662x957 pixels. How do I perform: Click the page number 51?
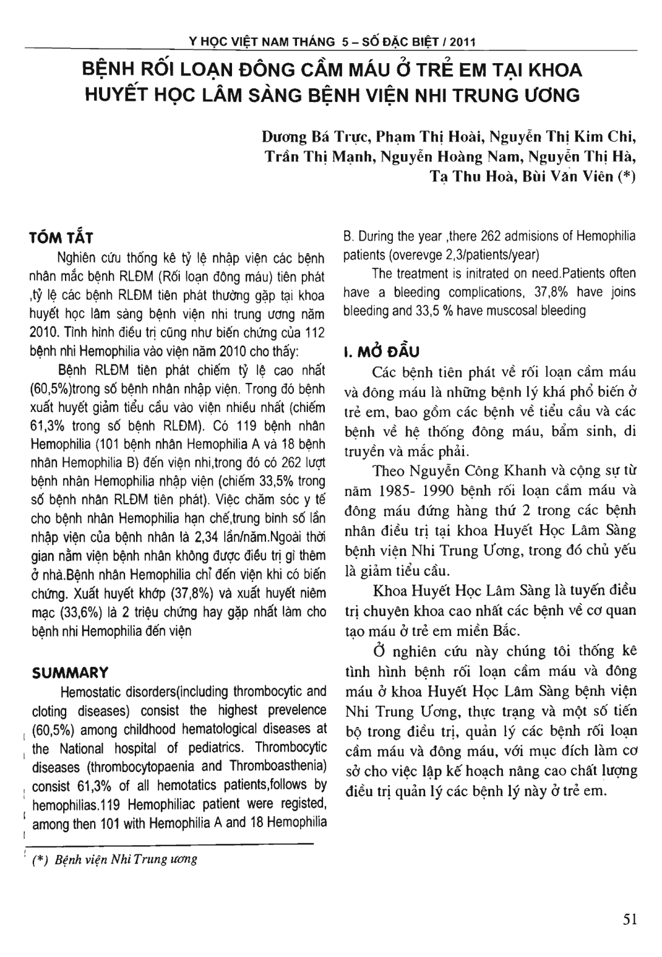(x=630, y=920)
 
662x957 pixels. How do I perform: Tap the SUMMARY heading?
(x=70, y=672)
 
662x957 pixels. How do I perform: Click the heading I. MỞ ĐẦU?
(x=382, y=352)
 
